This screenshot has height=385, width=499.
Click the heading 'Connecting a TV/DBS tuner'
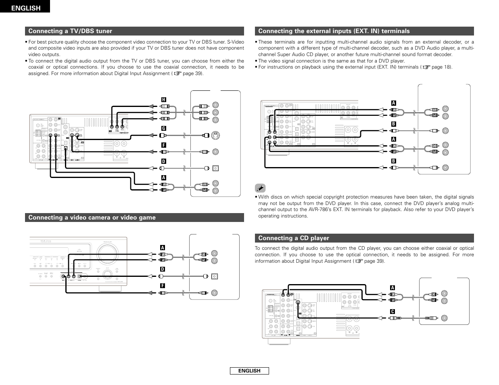click(70, 31)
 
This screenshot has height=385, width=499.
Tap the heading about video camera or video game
click(92, 218)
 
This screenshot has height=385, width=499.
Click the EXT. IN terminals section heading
click(334, 31)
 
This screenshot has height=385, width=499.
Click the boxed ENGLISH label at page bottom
click(249, 371)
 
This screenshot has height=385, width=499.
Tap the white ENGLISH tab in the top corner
click(25, 8)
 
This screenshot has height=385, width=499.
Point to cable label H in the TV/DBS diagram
click(163, 100)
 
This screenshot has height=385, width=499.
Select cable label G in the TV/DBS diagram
click(163, 128)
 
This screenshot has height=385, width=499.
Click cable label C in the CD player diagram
click(392, 312)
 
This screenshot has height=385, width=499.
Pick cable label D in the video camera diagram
click(162, 269)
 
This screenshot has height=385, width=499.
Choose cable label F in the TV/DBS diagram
click(163, 145)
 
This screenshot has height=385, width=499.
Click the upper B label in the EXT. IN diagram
click(394, 124)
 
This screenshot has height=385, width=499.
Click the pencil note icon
click(261, 188)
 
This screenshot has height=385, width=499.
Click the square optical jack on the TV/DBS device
click(215, 167)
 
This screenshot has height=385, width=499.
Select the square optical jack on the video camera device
click(215, 276)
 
